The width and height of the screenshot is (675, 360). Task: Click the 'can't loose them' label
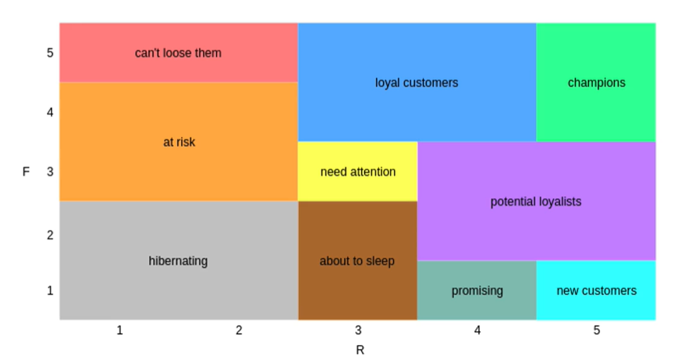pos(178,53)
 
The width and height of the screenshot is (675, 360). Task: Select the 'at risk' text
pos(179,142)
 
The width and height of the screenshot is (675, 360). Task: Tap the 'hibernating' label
pos(178,261)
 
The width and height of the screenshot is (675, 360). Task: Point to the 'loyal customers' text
pos(416,83)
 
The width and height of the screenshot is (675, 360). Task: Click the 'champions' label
pos(596,83)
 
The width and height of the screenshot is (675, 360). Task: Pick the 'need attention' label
pos(358,171)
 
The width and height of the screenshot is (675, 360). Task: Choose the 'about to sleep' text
pos(357,261)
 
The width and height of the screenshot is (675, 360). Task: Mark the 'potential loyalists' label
pos(536,202)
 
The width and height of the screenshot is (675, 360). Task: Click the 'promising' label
pos(477,291)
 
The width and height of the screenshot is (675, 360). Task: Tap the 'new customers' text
pos(596,291)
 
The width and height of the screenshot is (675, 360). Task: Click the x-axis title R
pos(360,351)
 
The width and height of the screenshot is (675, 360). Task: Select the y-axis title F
pos(26,171)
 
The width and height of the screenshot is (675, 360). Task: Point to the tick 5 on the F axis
pos(50,53)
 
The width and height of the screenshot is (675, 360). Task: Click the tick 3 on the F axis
pos(50,171)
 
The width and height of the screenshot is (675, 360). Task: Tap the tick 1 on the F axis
pos(50,291)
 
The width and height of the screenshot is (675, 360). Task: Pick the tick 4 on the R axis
pos(478,330)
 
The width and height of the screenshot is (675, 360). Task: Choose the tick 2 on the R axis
pos(238,330)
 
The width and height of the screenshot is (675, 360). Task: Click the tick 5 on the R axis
pos(597,330)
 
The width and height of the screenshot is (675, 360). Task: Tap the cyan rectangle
pos(596,306)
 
